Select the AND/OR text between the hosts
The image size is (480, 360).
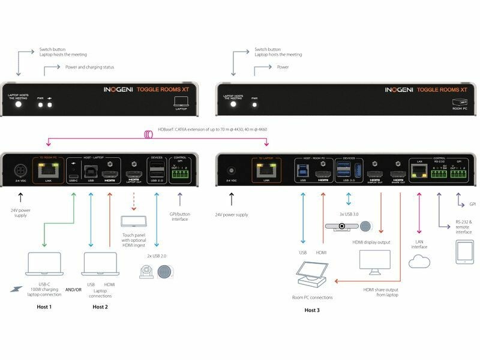[73, 290]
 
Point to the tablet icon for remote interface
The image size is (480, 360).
[465, 252]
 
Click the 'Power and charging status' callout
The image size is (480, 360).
[89, 67]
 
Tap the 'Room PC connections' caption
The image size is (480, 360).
[312, 297]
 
